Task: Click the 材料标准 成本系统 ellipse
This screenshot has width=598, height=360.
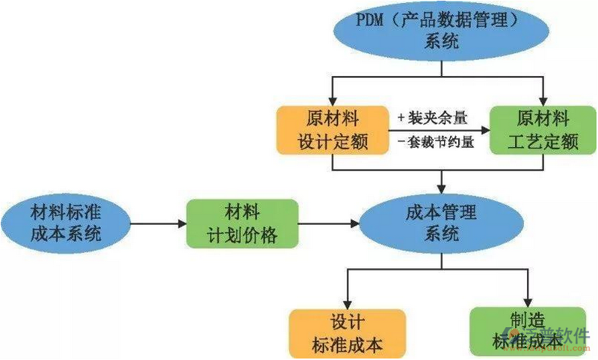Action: [x=66, y=222]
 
